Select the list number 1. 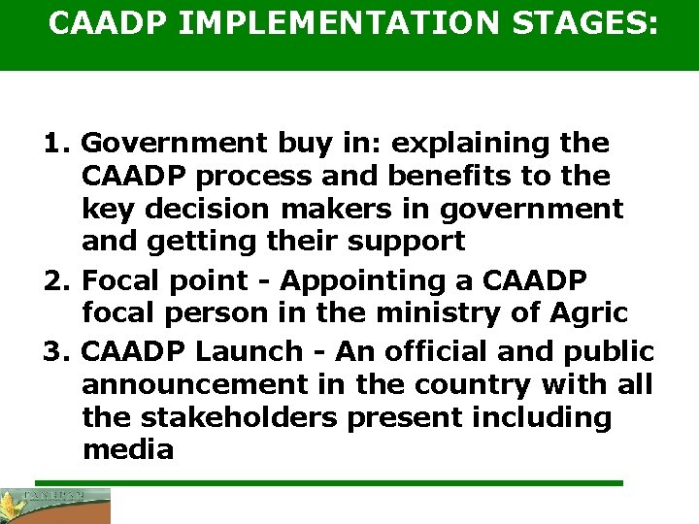coord(53,144)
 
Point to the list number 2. coord(53,281)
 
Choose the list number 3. coord(53,350)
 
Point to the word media coord(128,451)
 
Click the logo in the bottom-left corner coord(55,506)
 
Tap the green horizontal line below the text coord(328,482)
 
